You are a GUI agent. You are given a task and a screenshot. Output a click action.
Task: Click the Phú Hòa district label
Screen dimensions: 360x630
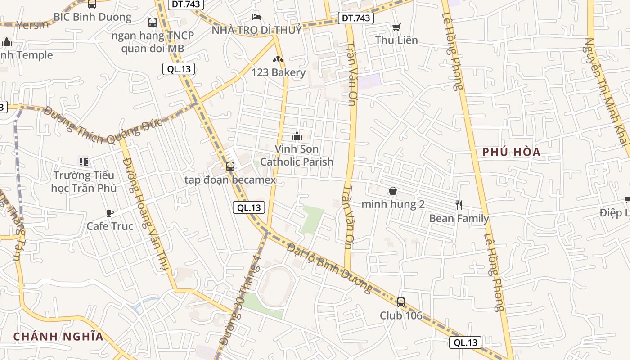pyautogui.click(x=511, y=152)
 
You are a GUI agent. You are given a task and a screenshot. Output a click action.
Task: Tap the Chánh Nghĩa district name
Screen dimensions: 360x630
pyautogui.click(x=58, y=336)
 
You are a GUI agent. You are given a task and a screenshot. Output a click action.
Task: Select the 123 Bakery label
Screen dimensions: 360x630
pyautogui.click(x=278, y=72)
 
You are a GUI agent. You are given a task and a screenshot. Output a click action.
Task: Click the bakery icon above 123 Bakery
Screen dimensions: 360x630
pyautogui.click(x=278, y=59)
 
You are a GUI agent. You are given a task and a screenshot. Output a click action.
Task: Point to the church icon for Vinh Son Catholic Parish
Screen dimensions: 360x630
pyautogui.click(x=297, y=135)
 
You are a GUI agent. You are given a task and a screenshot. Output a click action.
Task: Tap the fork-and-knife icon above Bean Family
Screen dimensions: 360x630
pyautogui.click(x=459, y=205)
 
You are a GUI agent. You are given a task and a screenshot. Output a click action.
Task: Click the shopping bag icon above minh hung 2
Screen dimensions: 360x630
pyautogui.click(x=393, y=191)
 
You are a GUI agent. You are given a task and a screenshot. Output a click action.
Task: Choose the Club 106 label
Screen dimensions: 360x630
pyautogui.click(x=401, y=315)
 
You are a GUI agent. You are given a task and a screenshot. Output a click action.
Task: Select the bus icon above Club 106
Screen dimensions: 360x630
pyautogui.click(x=401, y=302)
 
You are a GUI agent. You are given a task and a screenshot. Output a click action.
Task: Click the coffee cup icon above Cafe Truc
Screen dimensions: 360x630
pyautogui.click(x=110, y=213)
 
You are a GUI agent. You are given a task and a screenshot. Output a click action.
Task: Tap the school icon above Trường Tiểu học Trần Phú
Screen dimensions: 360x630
pyautogui.click(x=83, y=162)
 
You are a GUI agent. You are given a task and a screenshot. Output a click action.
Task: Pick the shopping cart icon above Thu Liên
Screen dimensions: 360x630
pyautogui.click(x=396, y=27)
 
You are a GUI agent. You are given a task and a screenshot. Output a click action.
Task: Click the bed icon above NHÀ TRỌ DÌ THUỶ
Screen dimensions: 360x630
pyautogui.click(x=256, y=18)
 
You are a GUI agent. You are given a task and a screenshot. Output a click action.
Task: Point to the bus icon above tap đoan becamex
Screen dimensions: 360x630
pyautogui.click(x=230, y=166)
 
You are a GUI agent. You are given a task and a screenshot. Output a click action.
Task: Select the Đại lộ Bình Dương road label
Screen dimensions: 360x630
pyautogui.click(x=331, y=269)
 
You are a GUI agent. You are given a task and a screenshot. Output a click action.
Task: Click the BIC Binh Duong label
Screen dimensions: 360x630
pyautogui.click(x=92, y=17)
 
